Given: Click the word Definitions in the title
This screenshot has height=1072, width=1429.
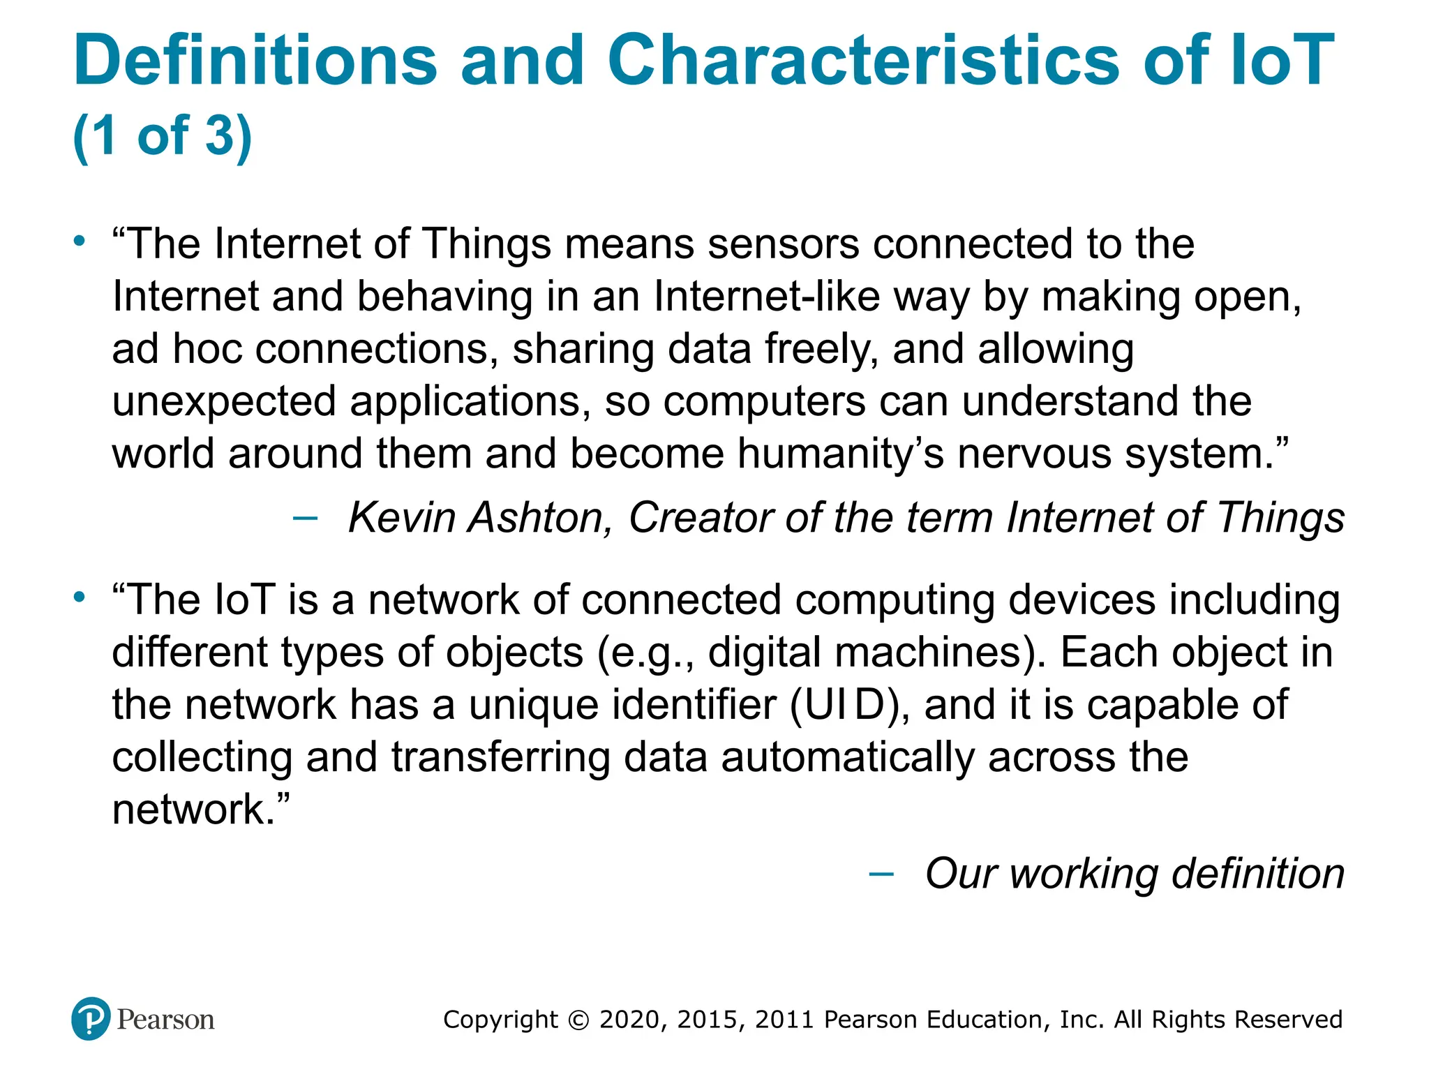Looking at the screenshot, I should pyautogui.click(x=255, y=61).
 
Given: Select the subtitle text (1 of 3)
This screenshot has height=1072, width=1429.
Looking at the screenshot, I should pyautogui.click(x=162, y=135).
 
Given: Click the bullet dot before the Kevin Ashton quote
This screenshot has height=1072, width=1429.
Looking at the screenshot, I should pyautogui.click(x=80, y=241).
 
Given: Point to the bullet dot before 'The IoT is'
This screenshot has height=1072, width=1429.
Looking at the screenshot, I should pyautogui.click(x=80, y=597).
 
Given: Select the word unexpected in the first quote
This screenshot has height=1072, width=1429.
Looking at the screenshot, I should pyautogui.click(x=224, y=402).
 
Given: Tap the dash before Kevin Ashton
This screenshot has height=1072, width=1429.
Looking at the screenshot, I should pyautogui.click(x=305, y=518).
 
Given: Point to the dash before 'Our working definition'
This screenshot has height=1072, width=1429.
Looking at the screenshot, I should pyautogui.click(x=881, y=874).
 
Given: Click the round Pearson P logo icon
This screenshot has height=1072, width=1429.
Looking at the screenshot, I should pyautogui.click(x=91, y=1019).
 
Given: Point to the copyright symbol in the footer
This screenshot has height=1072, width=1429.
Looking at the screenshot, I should pyautogui.click(x=579, y=1020).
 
